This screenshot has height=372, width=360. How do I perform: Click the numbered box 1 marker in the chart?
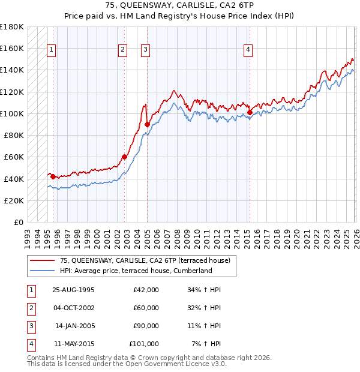pos(52,50)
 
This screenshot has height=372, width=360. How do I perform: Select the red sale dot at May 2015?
pos(250,112)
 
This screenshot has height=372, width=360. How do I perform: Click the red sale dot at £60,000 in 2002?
pos(124,157)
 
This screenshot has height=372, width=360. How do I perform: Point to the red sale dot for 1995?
pos(53,176)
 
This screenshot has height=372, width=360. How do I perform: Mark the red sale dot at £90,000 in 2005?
pos(147,124)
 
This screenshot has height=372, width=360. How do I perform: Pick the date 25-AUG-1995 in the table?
pos(73,290)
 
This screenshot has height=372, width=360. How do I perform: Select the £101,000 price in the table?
pos(144,344)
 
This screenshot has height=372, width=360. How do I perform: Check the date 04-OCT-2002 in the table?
pos(73,308)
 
